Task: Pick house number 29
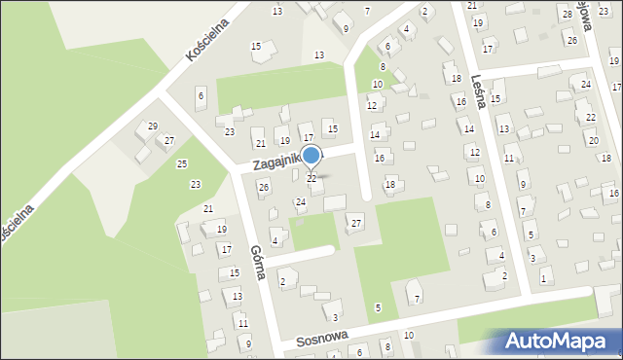[x=153, y=126]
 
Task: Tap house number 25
[x=182, y=163]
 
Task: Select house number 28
[x=567, y=13]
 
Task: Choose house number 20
[x=594, y=141]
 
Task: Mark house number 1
[x=543, y=279]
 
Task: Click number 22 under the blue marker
[x=311, y=178]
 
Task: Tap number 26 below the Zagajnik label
[x=263, y=186]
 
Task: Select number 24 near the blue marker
[x=301, y=202]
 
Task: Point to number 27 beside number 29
[x=169, y=141]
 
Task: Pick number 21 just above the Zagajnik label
[x=260, y=143]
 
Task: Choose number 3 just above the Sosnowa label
[x=335, y=317]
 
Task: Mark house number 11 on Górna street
[x=243, y=322]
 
